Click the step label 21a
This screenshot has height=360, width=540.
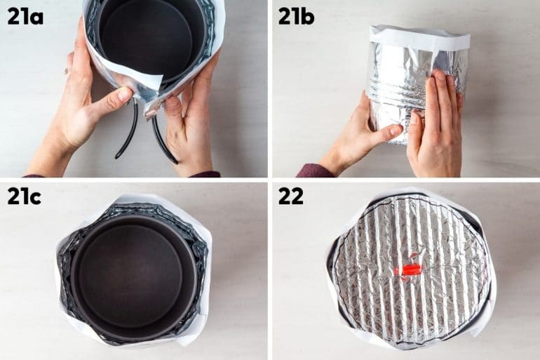[x=25, y=16]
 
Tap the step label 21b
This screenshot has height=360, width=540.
[x=297, y=16]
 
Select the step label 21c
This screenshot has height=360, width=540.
[x=25, y=196]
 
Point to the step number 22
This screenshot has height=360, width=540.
[x=291, y=196]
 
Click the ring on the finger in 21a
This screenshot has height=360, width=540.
[x=68, y=71]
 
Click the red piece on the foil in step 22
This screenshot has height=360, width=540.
[x=410, y=269]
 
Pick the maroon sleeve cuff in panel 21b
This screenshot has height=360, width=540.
[x=313, y=171]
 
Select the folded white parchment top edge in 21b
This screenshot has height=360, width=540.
[x=419, y=37]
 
